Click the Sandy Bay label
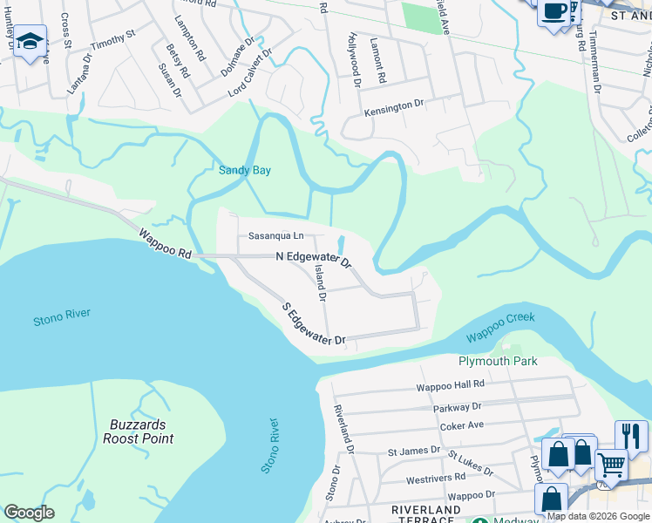(x=244, y=171)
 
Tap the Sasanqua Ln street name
(x=275, y=235)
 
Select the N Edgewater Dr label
(x=313, y=259)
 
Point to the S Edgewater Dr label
(x=314, y=324)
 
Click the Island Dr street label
(x=320, y=284)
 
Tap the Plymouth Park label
(x=498, y=361)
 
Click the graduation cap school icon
(x=31, y=42)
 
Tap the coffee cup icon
(x=554, y=11)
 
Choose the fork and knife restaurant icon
(x=631, y=433)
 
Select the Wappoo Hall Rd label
(x=450, y=384)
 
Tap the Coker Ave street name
(x=462, y=425)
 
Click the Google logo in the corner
(x=29, y=513)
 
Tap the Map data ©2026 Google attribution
(x=598, y=516)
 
